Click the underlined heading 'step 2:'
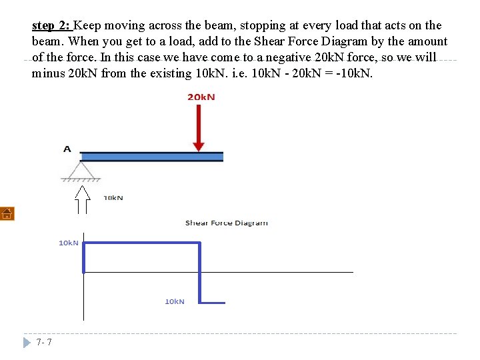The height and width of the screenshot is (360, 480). (x=51, y=26)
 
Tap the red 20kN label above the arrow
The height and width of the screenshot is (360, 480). (x=201, y=97)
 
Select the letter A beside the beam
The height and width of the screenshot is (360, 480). (x=67, y=149)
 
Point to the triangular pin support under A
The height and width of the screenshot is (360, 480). (x=81, y=171)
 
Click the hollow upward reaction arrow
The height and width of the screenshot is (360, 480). (x=82, y=199)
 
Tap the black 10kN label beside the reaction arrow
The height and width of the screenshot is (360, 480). (x=113, y=198)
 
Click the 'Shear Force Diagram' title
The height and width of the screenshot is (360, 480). (x=226, y=223)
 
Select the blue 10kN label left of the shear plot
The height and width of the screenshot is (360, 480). (x=69, y=243)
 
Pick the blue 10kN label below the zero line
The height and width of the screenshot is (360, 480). (x=175, y=301)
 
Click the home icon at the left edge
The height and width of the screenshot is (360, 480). (x=7, y=214)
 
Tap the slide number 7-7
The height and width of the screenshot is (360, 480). (x=45, y=343)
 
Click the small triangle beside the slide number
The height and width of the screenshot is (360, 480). (x=27, y=343)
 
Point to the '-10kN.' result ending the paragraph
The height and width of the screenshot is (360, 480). (x=355, y=74)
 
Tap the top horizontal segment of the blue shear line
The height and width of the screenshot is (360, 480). (x=141, y=243)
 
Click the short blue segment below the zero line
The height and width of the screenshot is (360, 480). (x=213, y=303)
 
